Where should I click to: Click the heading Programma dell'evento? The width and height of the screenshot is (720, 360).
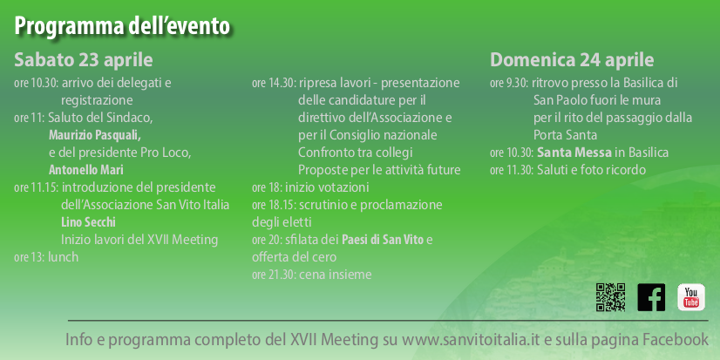click(x=122, y=26)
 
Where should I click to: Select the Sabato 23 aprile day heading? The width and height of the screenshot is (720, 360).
click(x=84, y=61)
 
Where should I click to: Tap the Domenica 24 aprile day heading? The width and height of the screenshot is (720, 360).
click(x=572, y=60)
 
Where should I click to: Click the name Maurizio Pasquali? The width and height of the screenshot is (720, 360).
click(x=95, y=135)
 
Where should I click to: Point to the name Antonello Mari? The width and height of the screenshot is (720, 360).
click(x=86, y=169)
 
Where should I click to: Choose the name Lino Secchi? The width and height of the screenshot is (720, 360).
click(x=81, y=222)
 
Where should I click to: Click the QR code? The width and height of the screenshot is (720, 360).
click(x=610, y=297)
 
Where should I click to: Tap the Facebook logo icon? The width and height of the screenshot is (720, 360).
click(x=651, y=297)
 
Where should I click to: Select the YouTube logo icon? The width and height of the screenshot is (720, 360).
click(x=691, y=297)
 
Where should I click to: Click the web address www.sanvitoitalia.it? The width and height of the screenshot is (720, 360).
click(x=471, y=339)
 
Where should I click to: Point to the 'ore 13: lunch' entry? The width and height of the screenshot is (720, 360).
click(x=46, y=257)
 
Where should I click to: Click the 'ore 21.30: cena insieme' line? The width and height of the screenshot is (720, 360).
click(x=312, y=275)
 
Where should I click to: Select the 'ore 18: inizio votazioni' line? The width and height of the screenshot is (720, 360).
click(x=310, y=187)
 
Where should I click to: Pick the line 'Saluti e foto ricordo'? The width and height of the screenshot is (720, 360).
click(x=591, y=169)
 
